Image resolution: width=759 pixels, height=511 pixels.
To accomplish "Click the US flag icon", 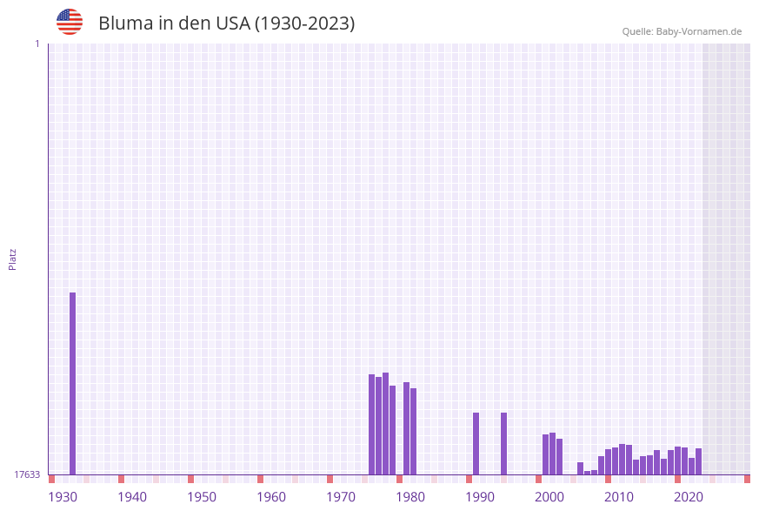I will [70, 22].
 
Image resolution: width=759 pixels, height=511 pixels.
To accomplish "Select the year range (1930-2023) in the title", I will [304, 24].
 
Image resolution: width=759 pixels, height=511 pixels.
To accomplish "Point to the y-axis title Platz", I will [13, 259].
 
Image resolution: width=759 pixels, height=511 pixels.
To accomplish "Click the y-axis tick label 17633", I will [27, 474].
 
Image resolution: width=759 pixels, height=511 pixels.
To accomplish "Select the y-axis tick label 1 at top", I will [37, 44].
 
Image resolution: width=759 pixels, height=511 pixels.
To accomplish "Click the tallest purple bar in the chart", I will [72, 383].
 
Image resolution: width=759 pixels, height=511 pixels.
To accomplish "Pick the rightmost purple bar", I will [698, 461].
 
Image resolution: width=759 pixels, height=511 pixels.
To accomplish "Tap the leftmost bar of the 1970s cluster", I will [371, 424].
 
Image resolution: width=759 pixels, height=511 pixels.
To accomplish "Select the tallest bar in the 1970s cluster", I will [385, 423].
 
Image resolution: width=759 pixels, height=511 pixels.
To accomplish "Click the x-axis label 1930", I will [63, 497].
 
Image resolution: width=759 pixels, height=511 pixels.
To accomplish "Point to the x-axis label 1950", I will [202, 497].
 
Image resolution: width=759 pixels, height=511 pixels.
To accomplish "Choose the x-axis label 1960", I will [271, 497].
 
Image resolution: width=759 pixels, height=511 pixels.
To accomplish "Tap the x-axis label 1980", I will [410, 497].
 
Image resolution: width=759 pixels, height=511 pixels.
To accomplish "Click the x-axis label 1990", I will [480, 497].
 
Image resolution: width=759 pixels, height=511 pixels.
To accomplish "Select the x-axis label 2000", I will [549, 497].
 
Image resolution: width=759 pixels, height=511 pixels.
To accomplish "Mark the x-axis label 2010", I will [619, 497].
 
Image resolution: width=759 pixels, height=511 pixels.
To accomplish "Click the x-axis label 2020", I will [689, 497].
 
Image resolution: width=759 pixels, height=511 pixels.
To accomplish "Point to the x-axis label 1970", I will [341, 497].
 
